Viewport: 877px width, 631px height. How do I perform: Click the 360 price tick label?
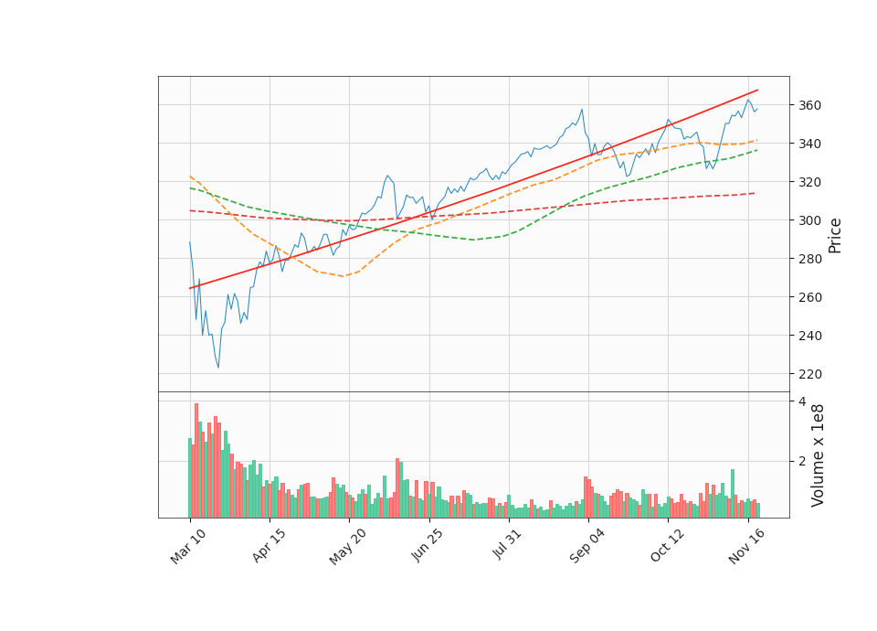point(808,105)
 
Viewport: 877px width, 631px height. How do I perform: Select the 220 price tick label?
point(808,374)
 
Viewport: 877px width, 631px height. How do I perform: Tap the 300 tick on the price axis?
point(808,220)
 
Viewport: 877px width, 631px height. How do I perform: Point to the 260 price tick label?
point(808,297)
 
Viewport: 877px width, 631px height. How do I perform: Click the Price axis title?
point(835,235)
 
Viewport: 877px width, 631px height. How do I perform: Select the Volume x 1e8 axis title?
point(819,455)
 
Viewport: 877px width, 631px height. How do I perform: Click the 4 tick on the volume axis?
point(801,401)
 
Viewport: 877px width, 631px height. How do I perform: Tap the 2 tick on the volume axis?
point(801,461)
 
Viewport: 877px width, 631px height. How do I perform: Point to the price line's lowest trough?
point(217,368)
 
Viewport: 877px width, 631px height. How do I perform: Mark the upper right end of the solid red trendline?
point(757,91)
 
